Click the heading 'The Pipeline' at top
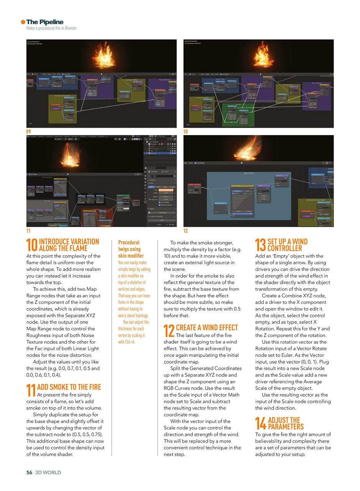[44, 22]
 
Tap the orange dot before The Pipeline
[23, 22]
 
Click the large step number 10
[31, 245]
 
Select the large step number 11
[31, 390]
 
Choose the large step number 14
[261, 423]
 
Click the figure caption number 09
[28, 132]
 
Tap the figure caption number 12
[186, 231]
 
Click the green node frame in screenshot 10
[238, 114]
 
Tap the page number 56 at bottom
[29, 473]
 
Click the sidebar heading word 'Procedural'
[129, 242]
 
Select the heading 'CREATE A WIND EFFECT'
[207, 328]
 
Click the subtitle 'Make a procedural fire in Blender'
[51, 28]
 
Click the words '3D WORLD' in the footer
[48, 473]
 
